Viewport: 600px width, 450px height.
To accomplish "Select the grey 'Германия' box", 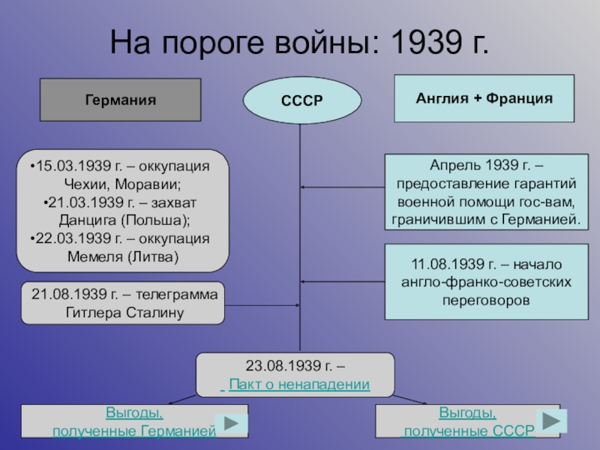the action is (121, 100).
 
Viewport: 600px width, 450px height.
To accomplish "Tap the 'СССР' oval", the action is (301, 101).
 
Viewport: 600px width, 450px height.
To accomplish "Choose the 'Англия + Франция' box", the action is (484, 98).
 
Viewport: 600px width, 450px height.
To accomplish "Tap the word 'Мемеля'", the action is (94, 257).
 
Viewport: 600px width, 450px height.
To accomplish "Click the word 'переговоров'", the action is (485, 299).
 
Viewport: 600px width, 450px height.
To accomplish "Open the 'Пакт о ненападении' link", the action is (298, 385).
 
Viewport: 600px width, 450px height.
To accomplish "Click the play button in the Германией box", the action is (232, 424).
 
